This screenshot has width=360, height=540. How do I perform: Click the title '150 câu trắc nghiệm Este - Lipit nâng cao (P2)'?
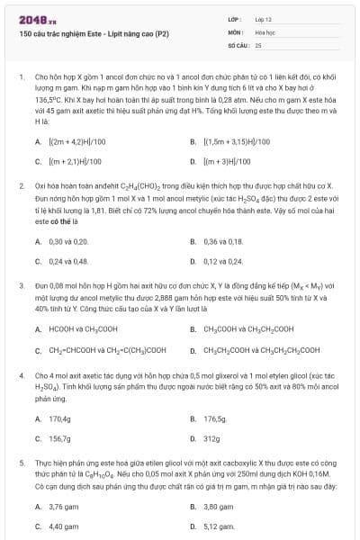point(82,33)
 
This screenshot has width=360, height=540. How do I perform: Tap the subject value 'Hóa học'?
point(265,31)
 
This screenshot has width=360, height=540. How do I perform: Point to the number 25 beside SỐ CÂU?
point(258,44)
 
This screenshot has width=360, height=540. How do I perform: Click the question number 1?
point(21,77)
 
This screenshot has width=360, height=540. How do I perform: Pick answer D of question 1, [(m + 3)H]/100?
point(230,161)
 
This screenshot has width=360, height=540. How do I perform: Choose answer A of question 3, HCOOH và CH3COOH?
point(82,329)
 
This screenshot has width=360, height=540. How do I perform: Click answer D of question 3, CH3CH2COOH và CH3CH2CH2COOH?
point(261,349)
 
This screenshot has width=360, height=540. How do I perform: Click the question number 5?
point(21,462)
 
